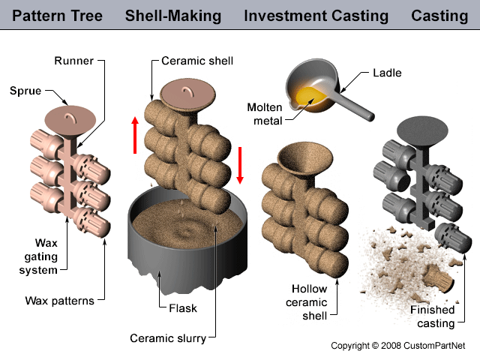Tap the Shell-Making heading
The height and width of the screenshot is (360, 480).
coord(173,16)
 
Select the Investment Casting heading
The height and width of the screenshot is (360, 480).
coord(316,16)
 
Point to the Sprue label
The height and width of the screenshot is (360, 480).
coord(25,91)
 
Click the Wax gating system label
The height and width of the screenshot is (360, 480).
coord(37,254)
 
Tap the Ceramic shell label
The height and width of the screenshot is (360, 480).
coord(198,61)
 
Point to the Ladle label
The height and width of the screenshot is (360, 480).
coord(387,73)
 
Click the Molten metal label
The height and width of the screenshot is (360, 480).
coord(265,113)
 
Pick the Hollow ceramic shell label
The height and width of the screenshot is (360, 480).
coord(309,301)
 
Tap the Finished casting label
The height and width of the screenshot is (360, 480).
coord(433,316)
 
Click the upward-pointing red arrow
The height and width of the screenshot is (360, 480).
coord(135,135)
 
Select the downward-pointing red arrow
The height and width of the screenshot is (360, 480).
coord(241,166)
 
